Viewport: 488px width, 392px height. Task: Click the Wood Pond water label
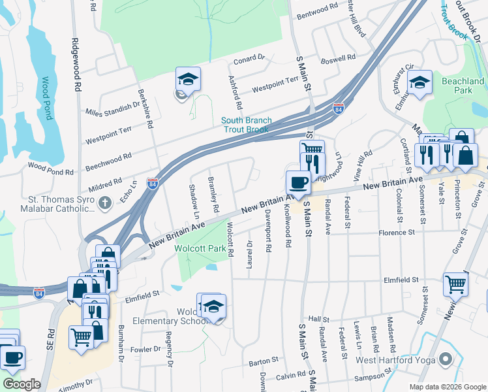click(46, 98)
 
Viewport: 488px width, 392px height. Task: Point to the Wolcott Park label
click(199, 248)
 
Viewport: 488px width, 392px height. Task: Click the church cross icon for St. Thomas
click(105, 204)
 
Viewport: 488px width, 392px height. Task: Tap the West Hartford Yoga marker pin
click(446, 359)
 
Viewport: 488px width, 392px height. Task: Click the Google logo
click(22, 385)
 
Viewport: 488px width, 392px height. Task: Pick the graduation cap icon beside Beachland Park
click(419, 82)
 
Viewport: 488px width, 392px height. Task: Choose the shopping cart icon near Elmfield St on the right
click(455, 284)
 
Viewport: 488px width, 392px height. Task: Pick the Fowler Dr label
click(144, 350)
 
